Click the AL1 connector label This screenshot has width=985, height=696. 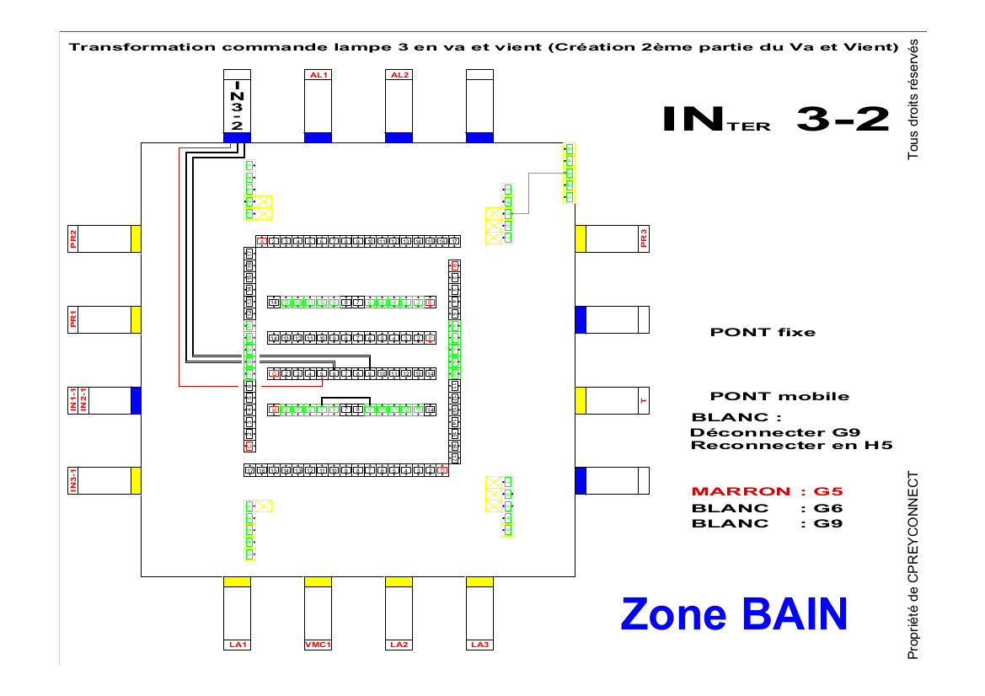pos(318,75)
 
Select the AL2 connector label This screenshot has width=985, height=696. pos(399,75)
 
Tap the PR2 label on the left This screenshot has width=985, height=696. pos(74,238)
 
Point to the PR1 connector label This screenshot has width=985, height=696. pos(74,319)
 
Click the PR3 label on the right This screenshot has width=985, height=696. pos(644,238)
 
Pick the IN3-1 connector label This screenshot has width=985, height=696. pos(74,480)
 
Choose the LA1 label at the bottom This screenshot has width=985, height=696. pos(237,645)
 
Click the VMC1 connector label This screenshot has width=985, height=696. pos(318,645)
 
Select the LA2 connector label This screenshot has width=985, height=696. pos(399,645)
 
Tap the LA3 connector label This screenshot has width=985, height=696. pos(479,645)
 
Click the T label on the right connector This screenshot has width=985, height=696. pos(644,400)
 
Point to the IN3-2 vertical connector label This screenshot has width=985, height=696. pos(237,104)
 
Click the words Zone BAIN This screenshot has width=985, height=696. pos(733,614)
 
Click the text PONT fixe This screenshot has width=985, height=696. pos(763,332)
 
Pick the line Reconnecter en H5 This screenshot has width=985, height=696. pos(791,446)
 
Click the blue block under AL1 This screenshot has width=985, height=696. pos(318,137)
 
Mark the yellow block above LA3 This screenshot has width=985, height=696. pos(479,581)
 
